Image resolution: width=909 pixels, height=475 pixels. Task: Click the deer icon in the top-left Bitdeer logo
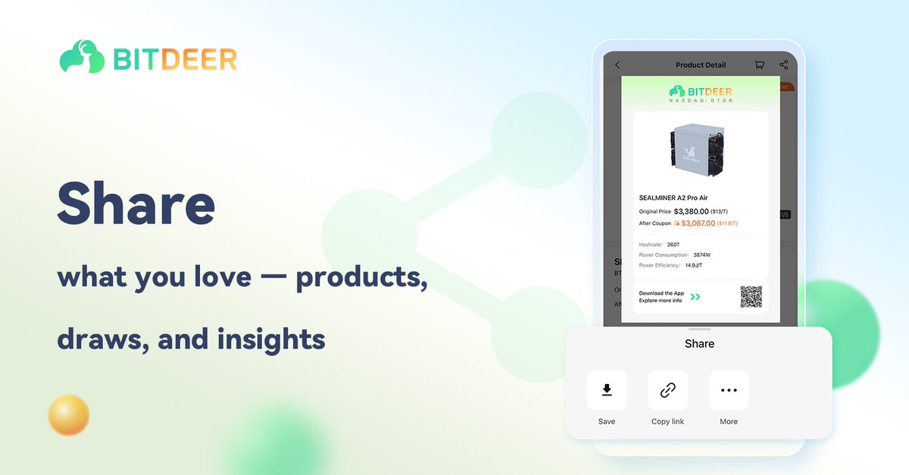82,57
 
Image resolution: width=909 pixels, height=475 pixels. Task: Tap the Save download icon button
607,390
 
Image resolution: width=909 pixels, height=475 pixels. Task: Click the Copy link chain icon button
667,390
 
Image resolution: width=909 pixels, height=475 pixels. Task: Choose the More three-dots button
729,390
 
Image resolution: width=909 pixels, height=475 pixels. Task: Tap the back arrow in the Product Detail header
617,65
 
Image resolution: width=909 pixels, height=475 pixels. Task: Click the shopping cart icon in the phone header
759,65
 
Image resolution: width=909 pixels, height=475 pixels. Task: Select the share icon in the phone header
783,65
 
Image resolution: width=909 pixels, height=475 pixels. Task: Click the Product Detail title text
701,65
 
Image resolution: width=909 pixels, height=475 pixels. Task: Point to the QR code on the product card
751,296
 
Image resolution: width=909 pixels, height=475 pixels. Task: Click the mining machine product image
701,146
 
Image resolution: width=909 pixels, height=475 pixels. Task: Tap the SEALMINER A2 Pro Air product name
673,198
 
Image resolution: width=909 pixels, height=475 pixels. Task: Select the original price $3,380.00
691,211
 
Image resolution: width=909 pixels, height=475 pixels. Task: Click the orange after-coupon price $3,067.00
697,223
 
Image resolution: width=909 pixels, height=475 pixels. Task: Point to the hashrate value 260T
674,245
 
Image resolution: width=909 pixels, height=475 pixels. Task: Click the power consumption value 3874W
702,255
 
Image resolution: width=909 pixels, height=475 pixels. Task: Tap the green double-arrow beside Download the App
695,297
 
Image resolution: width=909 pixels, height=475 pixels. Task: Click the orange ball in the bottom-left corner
68,415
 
